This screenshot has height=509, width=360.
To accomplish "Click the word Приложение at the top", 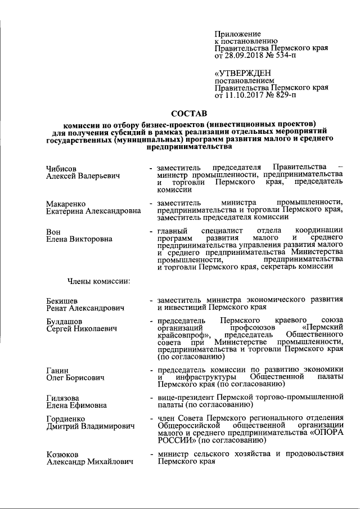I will [x=235, y=34].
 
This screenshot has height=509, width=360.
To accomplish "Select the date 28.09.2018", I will [x=246, y=56].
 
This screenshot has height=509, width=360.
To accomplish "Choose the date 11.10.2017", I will [x=246, y=96].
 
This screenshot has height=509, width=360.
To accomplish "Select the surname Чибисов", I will [x=61, y=168].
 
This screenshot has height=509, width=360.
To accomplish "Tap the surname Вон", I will [x=53, y=231].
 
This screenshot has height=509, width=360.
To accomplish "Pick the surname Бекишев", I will [x=62, y=300].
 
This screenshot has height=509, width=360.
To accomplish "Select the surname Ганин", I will [x=57, y=370].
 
